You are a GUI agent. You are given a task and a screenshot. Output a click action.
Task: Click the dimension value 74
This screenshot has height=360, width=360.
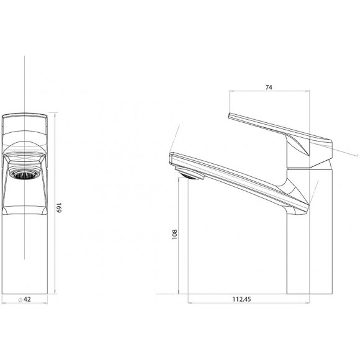click(x=269, y=88)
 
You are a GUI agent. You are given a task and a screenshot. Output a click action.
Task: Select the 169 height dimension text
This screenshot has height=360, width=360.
click(x=59, y=207)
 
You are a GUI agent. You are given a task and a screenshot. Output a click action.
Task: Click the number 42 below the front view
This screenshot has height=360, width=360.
click(x=28, y=299)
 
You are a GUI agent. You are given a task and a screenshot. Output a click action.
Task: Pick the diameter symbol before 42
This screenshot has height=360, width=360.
click(x=20, y=299)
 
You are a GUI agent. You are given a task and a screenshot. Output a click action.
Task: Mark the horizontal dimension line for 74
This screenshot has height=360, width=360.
click(x=269, y=93)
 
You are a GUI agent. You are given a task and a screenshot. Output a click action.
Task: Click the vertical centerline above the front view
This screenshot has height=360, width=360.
click(x=24, y=81)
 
